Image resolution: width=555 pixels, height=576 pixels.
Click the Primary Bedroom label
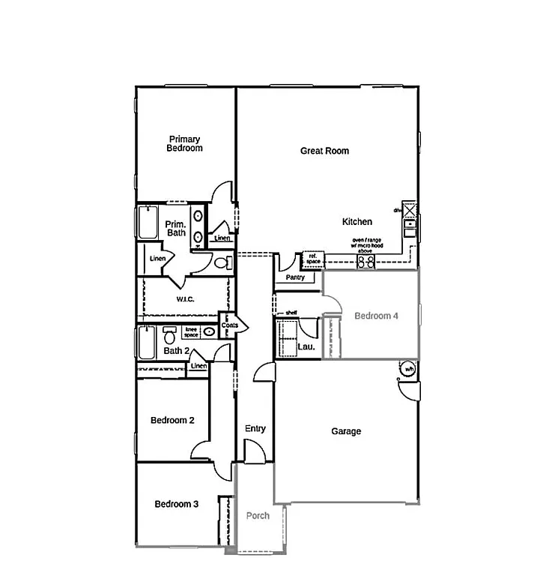(x=184, y=143)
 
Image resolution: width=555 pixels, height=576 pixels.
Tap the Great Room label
(x=324, y=151)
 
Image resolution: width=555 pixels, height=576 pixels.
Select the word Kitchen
(x=357, y=222)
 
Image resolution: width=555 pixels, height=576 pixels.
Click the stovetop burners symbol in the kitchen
(x=366, y=262)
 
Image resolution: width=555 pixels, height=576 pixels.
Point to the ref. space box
(x=312, y=259)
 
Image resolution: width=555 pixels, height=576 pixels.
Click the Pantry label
(x=295, y=277)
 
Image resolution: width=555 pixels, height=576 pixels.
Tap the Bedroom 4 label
(x=376, y=316)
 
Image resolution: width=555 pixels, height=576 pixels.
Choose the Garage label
(x=346, y=431)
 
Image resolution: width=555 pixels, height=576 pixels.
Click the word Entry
(x=255, y=429)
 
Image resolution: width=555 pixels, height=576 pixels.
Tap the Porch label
(x=258, y=515)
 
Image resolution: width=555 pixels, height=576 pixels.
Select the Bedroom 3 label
(x=176, y=504)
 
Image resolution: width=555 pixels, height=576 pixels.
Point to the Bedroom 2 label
(x=172, y=420)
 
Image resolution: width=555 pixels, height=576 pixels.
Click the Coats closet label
(x=229, y=325)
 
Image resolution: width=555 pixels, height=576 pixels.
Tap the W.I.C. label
(x=186, y=299)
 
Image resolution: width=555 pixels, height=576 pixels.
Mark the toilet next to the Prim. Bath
(x=221, y=262)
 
